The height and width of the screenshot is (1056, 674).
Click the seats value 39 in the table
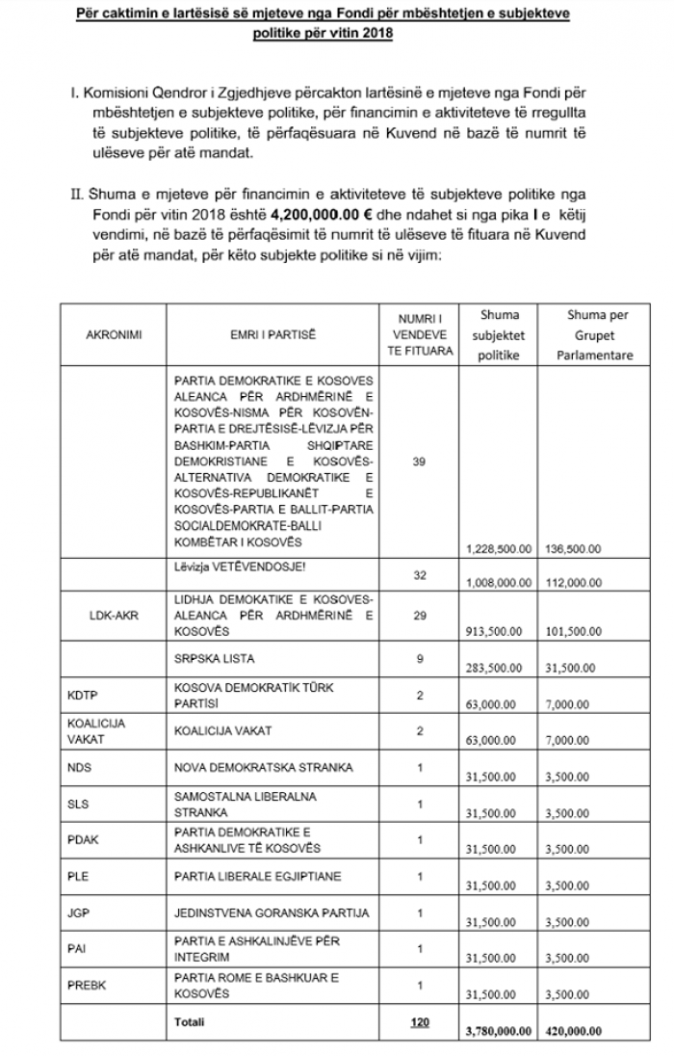point(418,462)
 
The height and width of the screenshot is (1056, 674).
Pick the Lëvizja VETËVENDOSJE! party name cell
point(223,567)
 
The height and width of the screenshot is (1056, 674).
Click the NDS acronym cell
point(80,768)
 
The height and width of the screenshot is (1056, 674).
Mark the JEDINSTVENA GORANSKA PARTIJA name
point(258,912)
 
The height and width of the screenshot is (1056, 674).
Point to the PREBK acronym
point(86,985)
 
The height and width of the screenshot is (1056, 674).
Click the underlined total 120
point(419,1021)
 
